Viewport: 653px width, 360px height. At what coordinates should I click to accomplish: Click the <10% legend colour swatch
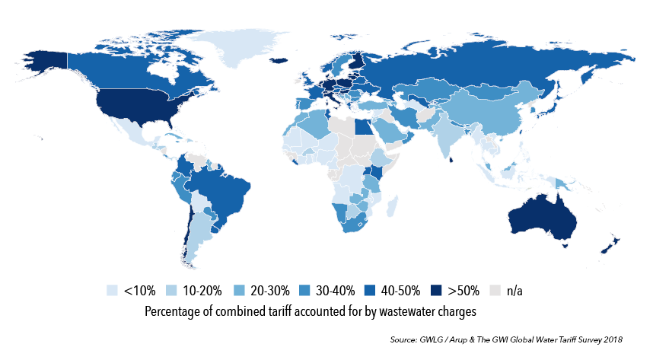pos(113,290)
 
